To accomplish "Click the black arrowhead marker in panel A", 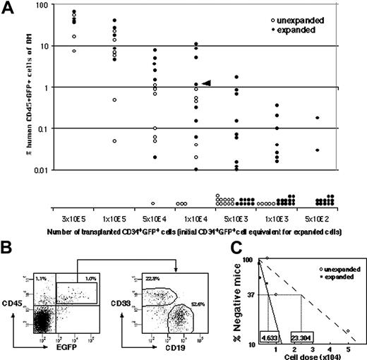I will coord(206,83).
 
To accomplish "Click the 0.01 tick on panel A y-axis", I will coord(32,170).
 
